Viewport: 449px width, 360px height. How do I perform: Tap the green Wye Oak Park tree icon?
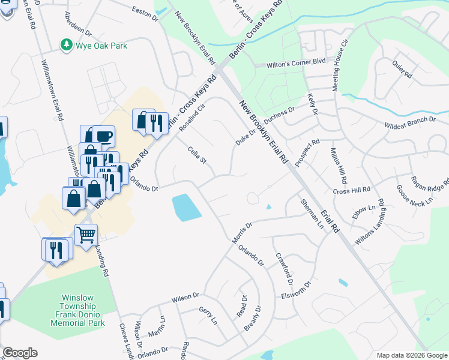tap(65, 45)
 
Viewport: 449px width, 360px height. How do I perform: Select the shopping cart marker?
tap(86, 234)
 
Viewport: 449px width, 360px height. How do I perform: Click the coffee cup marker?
tap(103, 136)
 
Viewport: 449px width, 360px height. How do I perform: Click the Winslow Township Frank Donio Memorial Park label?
tap(83, 310)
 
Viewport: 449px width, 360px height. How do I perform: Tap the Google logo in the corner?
tap(19, 353)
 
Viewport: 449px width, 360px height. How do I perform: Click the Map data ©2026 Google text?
tap(412, 355)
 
